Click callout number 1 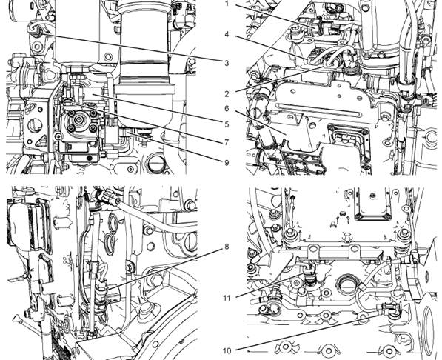point(227,4)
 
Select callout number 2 point(227,93)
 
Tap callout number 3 point(227,63)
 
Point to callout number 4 point(227,34)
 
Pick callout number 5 point(227,124)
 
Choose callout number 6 point(227,108)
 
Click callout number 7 point(227,142)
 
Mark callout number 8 point(227,247)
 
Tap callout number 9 point(227,162)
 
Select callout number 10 point(227,350)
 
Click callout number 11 point(227,298)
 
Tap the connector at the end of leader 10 point(389,308)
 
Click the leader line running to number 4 point(271,47)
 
